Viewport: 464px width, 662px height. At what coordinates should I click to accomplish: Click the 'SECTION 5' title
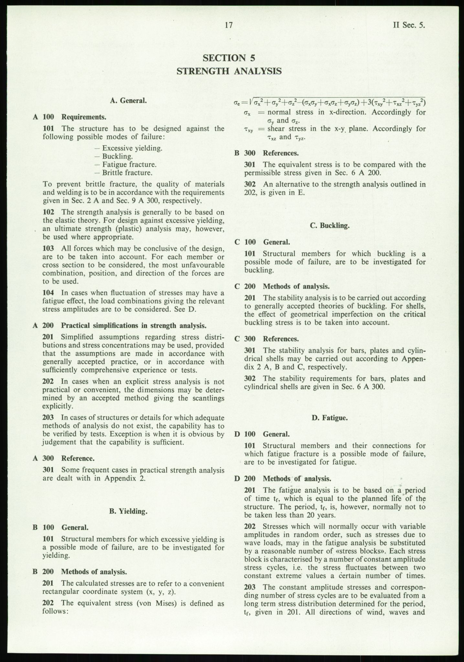[229, 58]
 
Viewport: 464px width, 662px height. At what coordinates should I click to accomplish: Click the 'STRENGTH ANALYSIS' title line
[229, 71]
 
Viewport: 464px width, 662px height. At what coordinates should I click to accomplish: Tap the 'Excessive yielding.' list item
[132, 148]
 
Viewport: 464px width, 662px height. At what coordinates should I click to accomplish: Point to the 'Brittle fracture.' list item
[127, 173]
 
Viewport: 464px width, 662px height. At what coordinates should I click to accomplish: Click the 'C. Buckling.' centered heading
[330, 226]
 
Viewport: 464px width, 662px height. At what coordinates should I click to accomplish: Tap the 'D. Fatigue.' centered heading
[330, 418]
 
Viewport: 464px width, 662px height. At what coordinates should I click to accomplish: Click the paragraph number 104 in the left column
[49, 293]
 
